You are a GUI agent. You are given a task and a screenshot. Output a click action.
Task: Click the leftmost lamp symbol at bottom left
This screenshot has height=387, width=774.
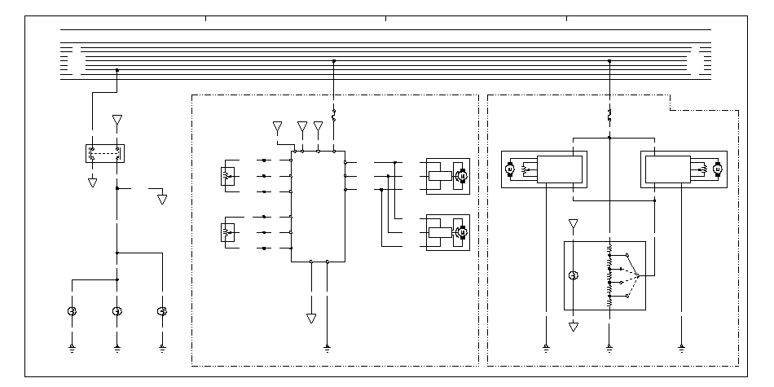(x=72, y=311)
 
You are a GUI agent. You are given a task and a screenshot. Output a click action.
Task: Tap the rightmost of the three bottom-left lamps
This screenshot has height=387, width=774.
(x=162, y=311)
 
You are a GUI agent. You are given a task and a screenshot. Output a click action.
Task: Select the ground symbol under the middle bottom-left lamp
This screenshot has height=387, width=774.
(x=117, y=348)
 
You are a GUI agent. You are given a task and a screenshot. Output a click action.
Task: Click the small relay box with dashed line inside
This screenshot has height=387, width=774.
(x=103, y=152)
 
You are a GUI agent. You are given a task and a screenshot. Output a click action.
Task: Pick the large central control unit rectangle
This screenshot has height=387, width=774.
(x=318, y=206)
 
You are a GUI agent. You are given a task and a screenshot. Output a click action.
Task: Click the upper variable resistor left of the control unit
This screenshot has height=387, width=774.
(x=228, y=175)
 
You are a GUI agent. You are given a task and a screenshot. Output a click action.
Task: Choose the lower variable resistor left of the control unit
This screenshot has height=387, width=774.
(x=228, y=233)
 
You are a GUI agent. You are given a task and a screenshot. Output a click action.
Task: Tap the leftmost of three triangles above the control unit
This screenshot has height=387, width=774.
(x=278, y=127)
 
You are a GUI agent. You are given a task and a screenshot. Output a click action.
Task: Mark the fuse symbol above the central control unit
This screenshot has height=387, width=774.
(x=333, y=114)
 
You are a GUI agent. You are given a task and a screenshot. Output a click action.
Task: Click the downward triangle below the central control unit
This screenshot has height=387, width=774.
(x=311, y=318)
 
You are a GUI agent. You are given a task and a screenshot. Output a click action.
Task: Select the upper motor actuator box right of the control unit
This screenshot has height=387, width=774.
(x=447, y=175)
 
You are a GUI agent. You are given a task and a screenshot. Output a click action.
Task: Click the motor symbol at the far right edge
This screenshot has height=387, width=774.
(x=717, y=170)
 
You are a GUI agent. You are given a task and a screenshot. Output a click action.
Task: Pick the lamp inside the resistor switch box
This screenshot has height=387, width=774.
(x=574, y=275)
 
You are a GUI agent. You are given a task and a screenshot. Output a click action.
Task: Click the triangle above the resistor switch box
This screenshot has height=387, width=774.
(x=574, y=223)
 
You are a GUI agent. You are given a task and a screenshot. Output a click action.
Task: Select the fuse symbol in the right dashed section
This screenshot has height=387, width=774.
(x=609, y=114)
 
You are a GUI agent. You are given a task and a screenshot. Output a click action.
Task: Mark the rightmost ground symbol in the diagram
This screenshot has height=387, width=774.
(x=681, y=348)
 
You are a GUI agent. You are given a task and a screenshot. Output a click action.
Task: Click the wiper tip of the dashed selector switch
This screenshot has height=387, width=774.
(x=640, y=276)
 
